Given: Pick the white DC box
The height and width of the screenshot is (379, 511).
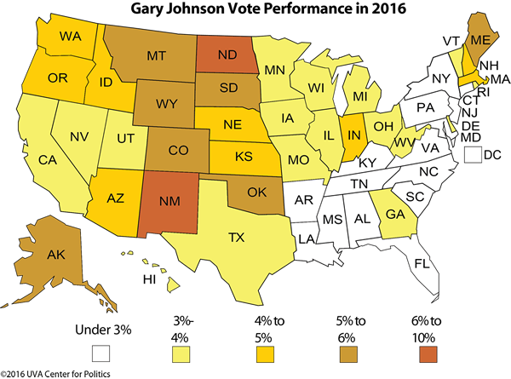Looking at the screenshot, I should point(474,155).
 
